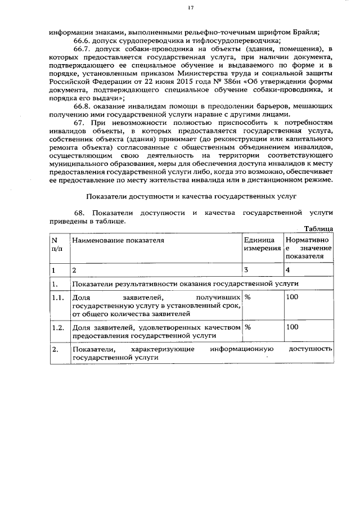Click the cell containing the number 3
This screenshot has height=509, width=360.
pos(246,270)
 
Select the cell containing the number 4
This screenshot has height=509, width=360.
pos(288,270)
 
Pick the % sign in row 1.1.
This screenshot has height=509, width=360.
pos(247,297)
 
